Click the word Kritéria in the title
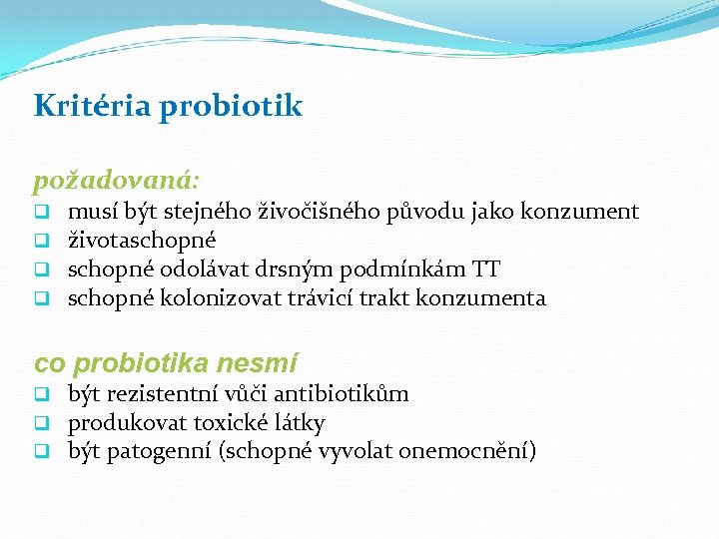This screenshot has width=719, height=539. coord(89,106)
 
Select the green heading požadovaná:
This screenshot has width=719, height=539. coord(117,182)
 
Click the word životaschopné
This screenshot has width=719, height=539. coord(142,241)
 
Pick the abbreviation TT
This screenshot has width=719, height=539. coord(485,269)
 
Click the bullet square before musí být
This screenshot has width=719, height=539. coord(43,213)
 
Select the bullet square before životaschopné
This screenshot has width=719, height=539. coord(43,241)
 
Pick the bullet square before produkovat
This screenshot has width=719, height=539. coord(43,423)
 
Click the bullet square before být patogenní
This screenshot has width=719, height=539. coord(43,452)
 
